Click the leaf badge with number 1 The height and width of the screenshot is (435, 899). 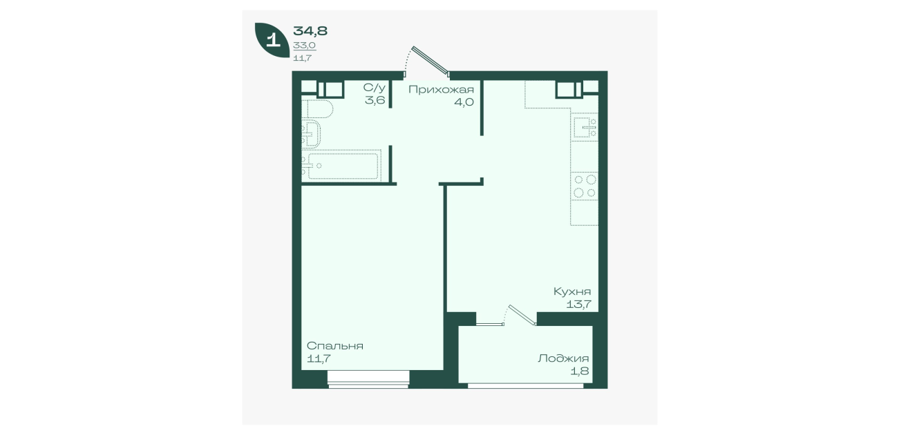(272, 39)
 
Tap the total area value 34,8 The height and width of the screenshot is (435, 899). (310, 31)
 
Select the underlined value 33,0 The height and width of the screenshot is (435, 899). (305, 46)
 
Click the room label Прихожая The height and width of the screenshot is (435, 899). (441, 89)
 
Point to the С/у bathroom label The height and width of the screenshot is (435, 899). (374, 88)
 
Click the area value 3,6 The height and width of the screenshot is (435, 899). (375, 100)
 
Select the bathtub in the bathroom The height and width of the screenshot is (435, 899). (341, 166)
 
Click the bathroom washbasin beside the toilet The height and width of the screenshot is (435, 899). (311, 134)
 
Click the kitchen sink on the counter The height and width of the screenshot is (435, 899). (585, 127)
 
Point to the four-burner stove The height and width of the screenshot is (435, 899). (585, 186)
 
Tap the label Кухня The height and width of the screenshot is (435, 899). (572, 291)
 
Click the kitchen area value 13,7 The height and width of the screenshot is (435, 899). (579, 304)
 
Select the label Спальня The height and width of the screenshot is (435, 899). (335, 346)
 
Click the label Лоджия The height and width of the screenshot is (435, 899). (563, 358)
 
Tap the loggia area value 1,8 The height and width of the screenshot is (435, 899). (580, 371)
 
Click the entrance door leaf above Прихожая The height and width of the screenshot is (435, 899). (430, 61)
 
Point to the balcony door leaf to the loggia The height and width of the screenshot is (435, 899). (522, 315)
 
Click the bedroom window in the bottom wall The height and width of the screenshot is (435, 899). (368, 379)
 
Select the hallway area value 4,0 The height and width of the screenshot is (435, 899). (464, 101)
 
